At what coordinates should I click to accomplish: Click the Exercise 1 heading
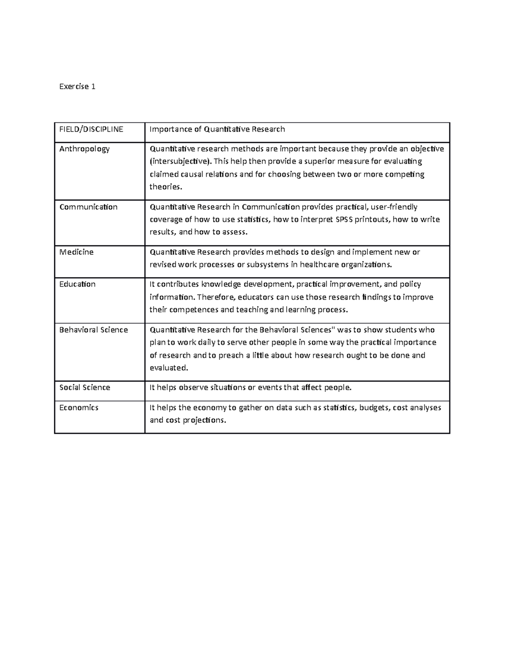(x=77, y=87)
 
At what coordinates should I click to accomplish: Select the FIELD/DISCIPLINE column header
(x=91, y=130)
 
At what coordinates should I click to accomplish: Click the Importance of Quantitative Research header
(x=217, y=130)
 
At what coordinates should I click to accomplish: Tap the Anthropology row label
(x=85, y=149)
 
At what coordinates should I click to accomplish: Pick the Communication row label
(x=88, y=207)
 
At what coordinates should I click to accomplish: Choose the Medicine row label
(x=77, y=252)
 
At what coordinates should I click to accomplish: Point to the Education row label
(x=77, y=284)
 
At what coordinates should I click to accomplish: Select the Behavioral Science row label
(x=93, y=330)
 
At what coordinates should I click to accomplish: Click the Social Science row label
(x=85, y=387)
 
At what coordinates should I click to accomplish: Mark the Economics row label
(x=79, y=407)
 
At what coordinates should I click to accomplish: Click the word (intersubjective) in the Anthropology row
(x=181, y=161)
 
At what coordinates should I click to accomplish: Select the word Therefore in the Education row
(x=215, y=297)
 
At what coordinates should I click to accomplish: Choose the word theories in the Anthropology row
(x=166, y=187)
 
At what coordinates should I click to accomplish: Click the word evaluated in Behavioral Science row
(x=168, y=368)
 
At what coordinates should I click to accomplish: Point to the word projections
(x=204, y=420)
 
